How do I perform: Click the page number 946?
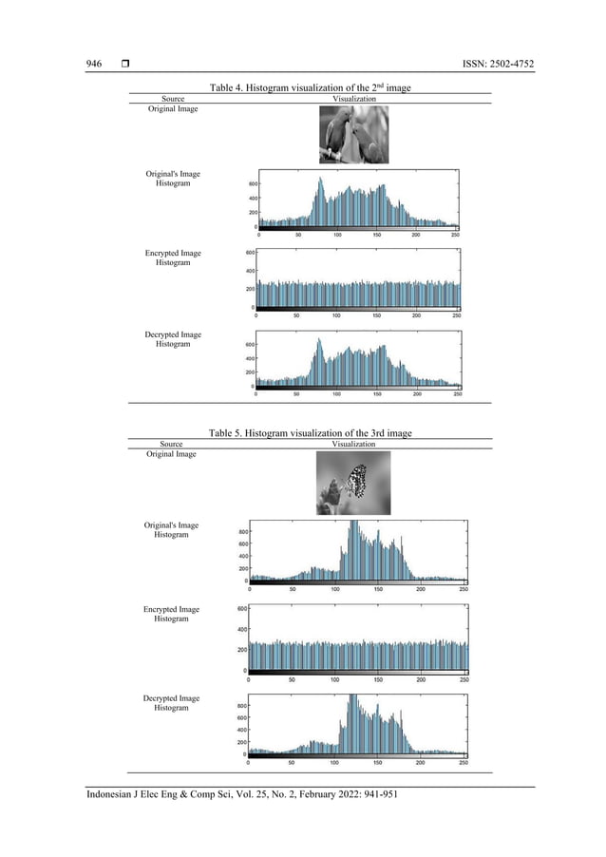(x=94, y=64)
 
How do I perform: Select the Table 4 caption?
(x=310, y=87)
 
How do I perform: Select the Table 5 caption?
(x=310, y=433)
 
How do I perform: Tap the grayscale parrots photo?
(x=353, y=135)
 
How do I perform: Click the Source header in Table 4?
(x=173, y=98)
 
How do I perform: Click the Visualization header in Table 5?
(x=353, y=444)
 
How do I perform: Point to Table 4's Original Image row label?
(x=172, y=109)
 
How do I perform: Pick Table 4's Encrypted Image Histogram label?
(x=173, y=258)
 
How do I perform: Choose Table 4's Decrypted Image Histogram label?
(x=173, y=339)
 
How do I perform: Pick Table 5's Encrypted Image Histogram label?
(x=171, y=614)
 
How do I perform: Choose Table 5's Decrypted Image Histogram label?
(x=171, y=703)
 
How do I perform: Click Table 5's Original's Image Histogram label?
(x=171, y=530)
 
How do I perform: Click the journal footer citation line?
(x=241, y=795)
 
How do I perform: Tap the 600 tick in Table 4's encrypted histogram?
(x=249, y=253)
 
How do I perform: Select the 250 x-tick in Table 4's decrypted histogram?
(x=458, y=394)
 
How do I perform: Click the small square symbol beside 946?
(x=125, y=64)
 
